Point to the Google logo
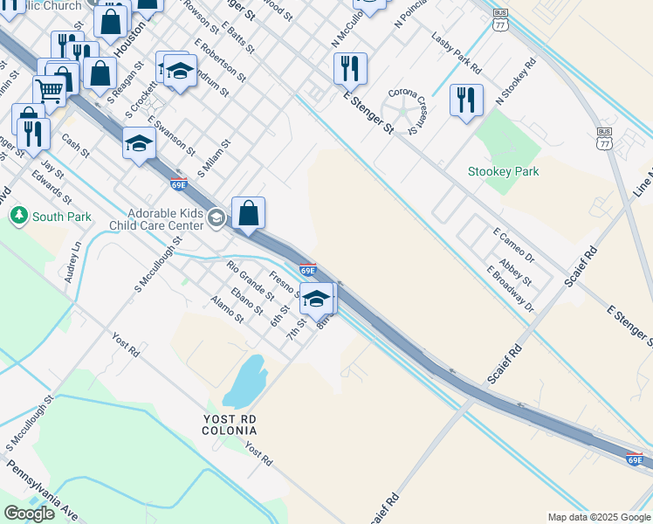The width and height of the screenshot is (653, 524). coord(29,514)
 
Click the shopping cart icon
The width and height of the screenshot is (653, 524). coord(50,89)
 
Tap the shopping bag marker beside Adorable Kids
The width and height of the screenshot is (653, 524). coord(248,212)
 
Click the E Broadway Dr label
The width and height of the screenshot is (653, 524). coord(511,289)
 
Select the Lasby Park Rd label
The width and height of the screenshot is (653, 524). coord(457,52)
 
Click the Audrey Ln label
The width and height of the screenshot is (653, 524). coord(72,261)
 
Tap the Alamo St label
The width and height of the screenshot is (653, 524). coord(227,309)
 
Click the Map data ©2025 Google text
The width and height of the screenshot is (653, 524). coord(598,517)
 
